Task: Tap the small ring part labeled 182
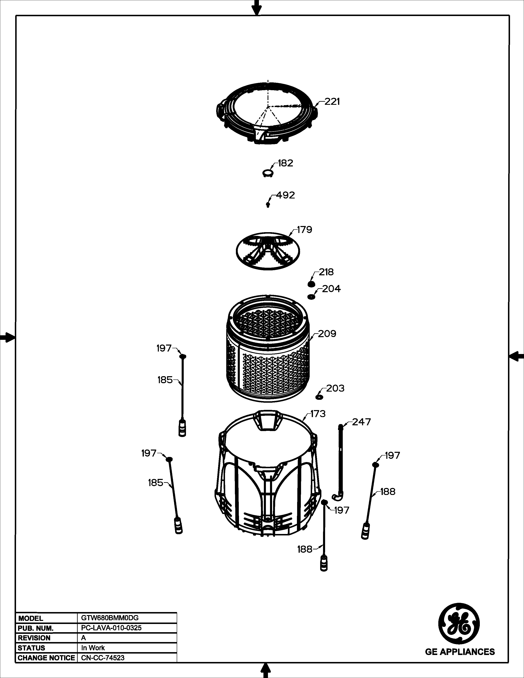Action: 268,173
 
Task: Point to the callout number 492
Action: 285,195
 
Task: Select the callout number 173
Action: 318,414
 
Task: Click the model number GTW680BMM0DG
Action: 108,618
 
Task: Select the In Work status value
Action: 93,648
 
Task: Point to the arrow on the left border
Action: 7,337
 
